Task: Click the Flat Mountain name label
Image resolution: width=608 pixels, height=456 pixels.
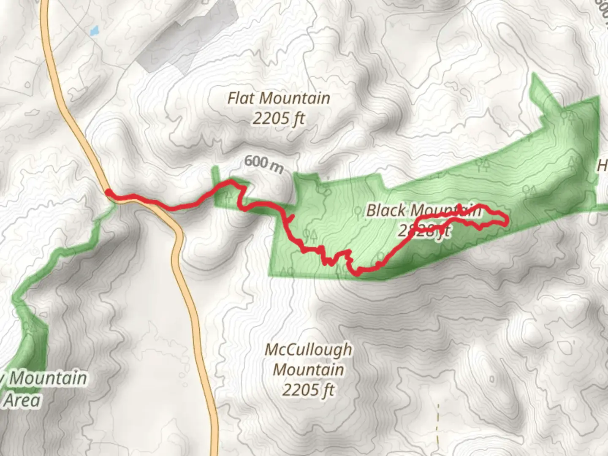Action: [279, 98]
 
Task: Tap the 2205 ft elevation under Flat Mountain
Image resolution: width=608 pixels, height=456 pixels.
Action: [279, 119]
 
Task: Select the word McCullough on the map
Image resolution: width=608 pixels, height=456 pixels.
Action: [309, 350]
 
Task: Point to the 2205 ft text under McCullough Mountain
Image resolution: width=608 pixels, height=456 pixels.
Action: [309, 390]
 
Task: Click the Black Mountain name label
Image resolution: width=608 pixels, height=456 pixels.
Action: [423, 210]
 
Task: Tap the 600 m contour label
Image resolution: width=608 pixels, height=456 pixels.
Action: [263, 163]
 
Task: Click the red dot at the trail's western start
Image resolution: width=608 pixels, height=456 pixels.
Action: [109, 193]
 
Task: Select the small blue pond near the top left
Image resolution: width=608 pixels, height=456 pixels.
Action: [94, 30]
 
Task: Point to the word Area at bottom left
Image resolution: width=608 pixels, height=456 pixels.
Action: [23, 400]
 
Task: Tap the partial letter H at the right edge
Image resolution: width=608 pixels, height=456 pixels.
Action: [602, 166]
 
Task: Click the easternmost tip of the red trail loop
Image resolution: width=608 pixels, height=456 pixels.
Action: [506, 221]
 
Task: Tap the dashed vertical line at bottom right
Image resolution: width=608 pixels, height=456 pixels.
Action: [438, 426]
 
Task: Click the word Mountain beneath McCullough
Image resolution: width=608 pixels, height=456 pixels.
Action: [309, 369]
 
